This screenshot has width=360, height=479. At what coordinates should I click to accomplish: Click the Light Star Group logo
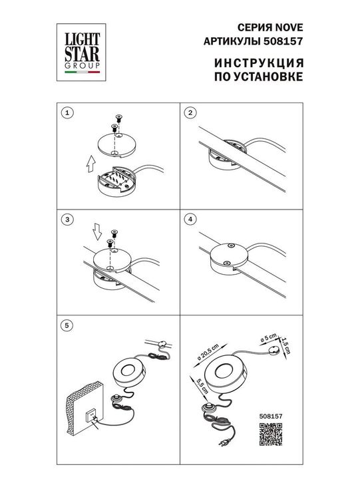click(81, 53)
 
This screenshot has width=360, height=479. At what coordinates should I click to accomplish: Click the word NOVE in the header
click(289, 27)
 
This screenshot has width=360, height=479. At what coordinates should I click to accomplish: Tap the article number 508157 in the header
click(283, 41)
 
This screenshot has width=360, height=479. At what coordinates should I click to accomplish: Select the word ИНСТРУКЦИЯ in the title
click(259, 63)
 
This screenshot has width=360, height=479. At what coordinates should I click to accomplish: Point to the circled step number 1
click(67, 113)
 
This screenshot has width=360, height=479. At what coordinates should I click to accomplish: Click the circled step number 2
click(190, 113)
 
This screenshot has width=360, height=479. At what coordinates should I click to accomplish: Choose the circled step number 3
click(67, 220)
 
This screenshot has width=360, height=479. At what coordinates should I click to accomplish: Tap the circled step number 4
click(190, 220)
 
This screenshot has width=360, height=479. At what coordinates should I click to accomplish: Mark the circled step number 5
click(67, 325)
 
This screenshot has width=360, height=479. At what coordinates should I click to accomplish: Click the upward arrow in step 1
click(90, 164)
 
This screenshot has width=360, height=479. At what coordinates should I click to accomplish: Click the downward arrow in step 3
click(98, 232)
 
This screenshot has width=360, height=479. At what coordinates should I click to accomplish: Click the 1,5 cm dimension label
click(285, 345)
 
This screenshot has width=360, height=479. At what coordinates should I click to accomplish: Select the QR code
click(271, 434)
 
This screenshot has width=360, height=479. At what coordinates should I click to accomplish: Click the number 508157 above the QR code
click(271, 416)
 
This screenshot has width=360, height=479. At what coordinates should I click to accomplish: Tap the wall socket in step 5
click(92, 416)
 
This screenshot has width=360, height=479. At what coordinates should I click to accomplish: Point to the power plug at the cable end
click(222, 442)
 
